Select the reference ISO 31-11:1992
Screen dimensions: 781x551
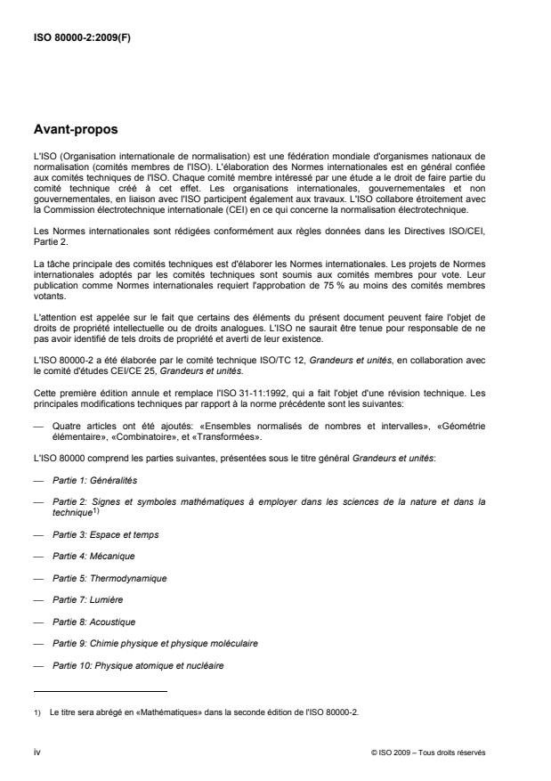point(233,395)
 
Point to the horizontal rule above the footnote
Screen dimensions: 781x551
point(100,690)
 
